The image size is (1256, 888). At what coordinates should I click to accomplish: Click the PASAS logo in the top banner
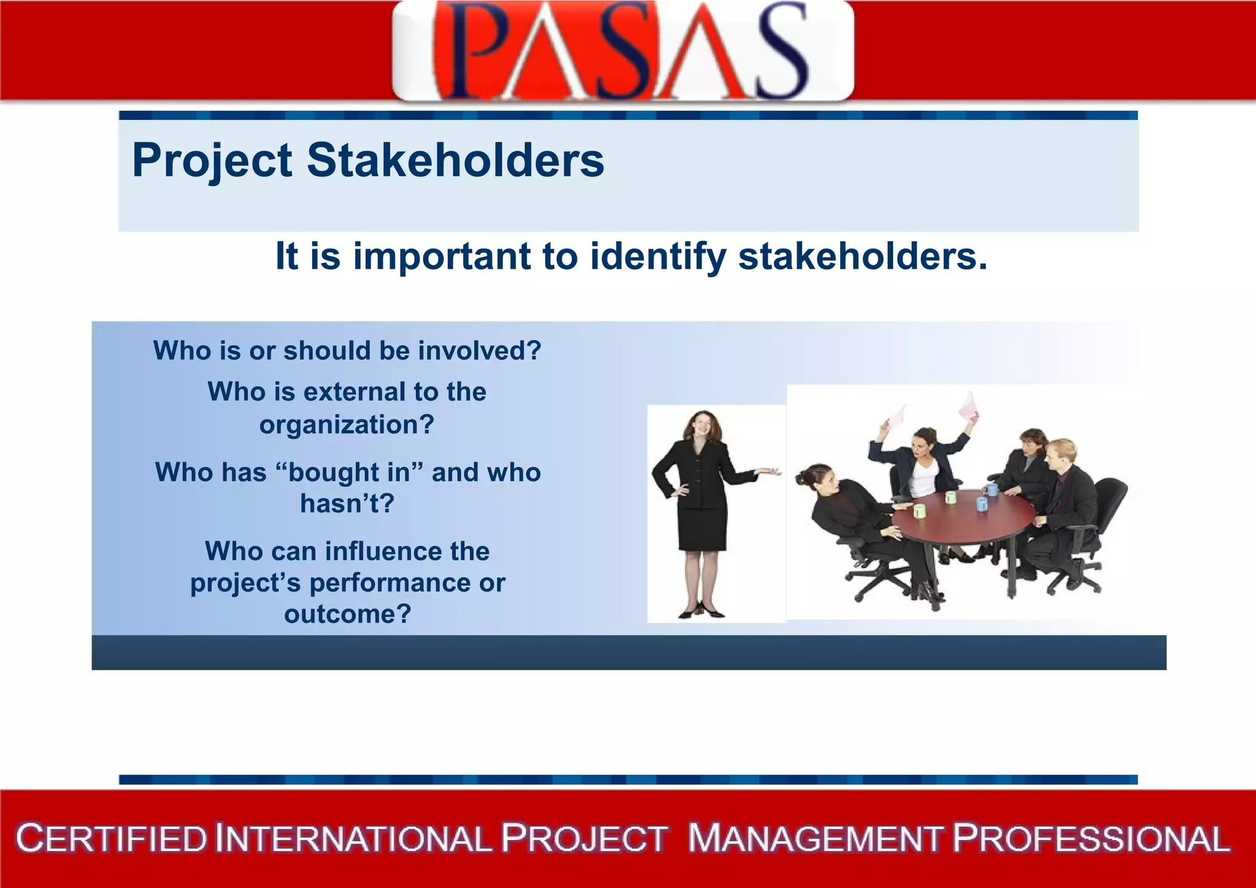(x=622, y=50)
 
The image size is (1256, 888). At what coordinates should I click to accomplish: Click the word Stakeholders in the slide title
(x=455, y=161)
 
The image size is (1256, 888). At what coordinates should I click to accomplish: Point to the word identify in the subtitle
(x=658, y=257)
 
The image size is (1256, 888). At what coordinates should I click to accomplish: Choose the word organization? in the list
(x=347, y=425)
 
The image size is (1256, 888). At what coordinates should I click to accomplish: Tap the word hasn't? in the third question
(x=347, y=504)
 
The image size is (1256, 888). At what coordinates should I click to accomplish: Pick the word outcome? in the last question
(x=347, y=614)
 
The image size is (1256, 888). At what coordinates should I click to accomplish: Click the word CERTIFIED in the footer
(x=112, y=839)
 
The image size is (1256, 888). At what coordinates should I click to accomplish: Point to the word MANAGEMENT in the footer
(x=814, y=839)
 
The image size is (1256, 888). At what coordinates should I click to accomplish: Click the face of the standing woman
(x=703, y=427)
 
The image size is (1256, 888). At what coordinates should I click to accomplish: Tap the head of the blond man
(x=1062, y=454)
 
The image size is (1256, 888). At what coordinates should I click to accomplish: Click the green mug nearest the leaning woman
(x=919, y=511)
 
